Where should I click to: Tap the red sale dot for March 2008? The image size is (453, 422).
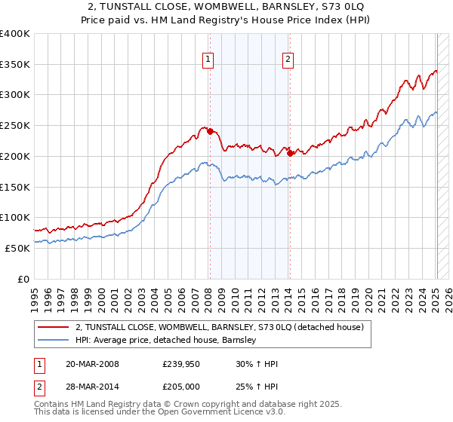209,131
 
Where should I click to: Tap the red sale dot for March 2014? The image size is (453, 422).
290,153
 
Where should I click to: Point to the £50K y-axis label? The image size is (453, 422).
17,248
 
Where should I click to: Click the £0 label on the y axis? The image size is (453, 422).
23,279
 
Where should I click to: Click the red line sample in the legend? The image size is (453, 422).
54,327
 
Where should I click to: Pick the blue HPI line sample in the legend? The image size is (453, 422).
54,341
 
